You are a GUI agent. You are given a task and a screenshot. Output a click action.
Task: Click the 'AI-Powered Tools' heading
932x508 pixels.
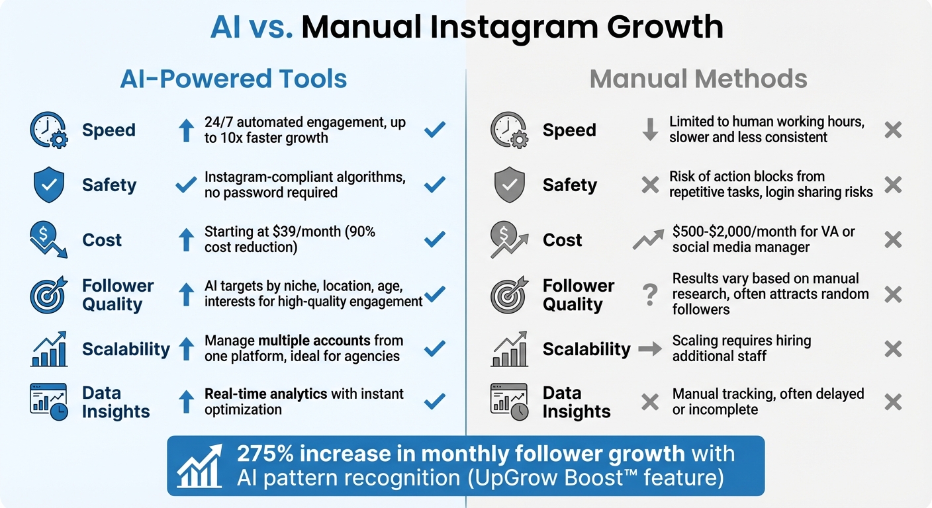[x=233, y=79]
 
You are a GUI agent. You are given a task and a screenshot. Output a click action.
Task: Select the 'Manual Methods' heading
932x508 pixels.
[x=698, y=79]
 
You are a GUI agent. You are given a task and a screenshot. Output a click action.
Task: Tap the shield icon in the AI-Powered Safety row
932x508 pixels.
[x=48, y=185]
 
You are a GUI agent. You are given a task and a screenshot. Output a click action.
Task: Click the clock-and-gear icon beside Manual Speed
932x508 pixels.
[x=508, y=130]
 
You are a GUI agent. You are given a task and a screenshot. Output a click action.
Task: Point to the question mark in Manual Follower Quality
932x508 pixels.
[x=650, y=294]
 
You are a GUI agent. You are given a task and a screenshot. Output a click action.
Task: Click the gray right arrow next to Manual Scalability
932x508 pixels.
[x=650, y=349]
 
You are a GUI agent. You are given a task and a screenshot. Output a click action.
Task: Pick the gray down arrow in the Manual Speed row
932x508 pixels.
[x=650, y=130]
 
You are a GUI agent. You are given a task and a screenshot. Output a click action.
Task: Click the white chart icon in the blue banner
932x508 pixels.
[x=199, y=466]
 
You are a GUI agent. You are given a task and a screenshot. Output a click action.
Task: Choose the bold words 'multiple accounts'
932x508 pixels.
[x=314, y=341]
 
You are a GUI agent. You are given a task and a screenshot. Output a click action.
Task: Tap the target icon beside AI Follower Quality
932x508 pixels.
[x=48, y=294]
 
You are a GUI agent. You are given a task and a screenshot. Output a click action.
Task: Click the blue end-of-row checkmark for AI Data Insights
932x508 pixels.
[x=434, y=401]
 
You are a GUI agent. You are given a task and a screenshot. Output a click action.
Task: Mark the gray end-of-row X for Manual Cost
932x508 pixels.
[x=893, y=239]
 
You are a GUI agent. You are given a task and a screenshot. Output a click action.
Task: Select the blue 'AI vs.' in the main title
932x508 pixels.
[x=251, y=27]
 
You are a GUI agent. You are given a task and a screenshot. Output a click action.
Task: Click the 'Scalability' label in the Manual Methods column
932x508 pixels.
[x=586, y=349]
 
